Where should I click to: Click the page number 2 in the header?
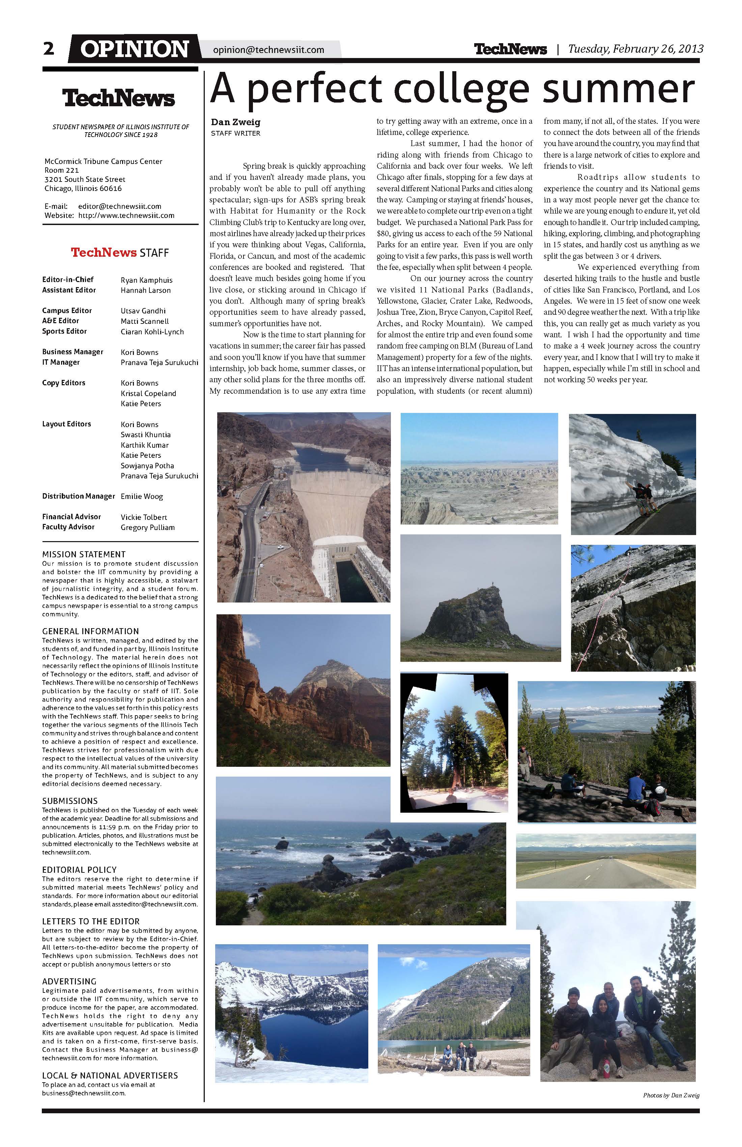(x=49, y=49)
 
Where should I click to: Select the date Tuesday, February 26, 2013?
(x=635, y=49)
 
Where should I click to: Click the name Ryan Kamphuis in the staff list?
(x=146, y=280)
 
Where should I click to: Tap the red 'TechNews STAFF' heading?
(x=120, y=253)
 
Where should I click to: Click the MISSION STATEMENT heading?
(x=84, y=554)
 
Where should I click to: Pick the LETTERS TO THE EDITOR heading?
(x=91, y=921)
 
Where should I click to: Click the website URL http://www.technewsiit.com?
(x=126, y=216)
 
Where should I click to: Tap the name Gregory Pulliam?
(x=147, y=527)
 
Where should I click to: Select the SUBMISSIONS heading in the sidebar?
(x=70, y=801)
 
